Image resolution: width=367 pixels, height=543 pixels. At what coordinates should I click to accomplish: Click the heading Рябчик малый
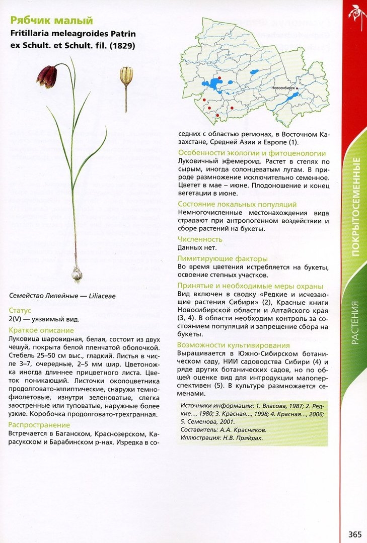click(51, 21)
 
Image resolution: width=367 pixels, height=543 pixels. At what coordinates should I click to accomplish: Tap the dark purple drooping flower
click(46, 76)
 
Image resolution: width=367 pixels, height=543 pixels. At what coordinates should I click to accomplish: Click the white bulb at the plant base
click(77, 275)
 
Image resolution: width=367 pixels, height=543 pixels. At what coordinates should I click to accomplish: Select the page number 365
click(355, 533)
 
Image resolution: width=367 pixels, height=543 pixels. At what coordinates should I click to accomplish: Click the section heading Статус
click(20, 311)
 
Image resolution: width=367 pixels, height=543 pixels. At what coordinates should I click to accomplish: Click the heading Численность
click(200, 239)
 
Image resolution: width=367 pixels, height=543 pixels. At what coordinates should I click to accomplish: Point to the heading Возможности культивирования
click(234, 345)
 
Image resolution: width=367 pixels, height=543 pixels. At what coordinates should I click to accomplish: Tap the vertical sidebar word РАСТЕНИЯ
click(355, 322)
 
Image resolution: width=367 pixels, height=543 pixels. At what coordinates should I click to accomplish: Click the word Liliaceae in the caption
click(102, 296)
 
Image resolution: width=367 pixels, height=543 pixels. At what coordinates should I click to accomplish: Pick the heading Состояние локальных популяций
click(244, 204)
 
